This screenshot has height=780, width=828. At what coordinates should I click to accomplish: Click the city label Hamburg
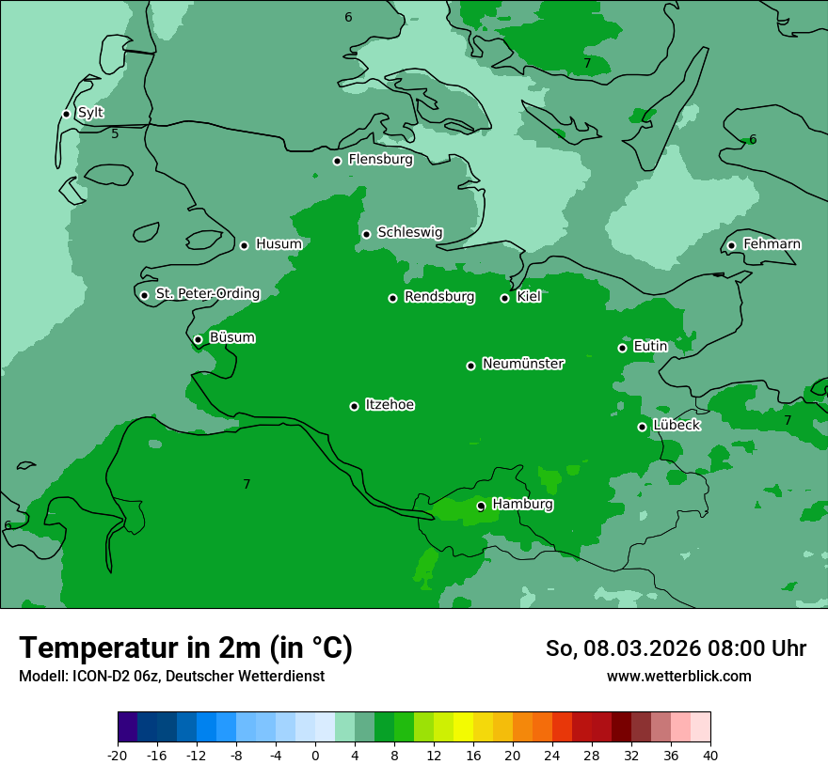(x=522, y=505)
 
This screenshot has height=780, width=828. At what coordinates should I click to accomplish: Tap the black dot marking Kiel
(x=504, y=298)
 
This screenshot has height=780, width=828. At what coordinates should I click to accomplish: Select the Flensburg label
(x=380, y=160)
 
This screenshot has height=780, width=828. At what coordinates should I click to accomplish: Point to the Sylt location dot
(x=66, y=114)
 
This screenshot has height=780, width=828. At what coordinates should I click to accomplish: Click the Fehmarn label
(x=772, y=244)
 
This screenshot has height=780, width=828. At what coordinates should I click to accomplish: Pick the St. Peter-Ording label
(x=207, y=294)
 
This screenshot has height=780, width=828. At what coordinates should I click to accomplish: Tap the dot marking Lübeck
(x=642, y=427)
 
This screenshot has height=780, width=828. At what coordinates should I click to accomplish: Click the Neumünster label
(x=523, y=364)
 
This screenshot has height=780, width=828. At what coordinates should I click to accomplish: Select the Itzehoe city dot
(x=354, y=406)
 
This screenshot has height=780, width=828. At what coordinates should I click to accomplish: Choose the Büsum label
(x=231, y=338)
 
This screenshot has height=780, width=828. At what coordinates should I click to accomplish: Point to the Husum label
(x=279, y=244)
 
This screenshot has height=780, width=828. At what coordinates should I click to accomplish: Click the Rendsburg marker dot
(x=392, y=298)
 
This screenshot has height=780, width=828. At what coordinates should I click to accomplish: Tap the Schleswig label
(x=409, y=232)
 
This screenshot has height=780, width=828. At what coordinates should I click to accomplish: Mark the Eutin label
(x=650, y=347)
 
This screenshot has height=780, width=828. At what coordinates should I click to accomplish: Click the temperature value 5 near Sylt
(x=115, y=134)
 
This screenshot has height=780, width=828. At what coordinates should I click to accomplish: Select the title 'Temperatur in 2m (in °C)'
(x=185, y=648)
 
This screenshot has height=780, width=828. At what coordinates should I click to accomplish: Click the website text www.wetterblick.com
(x=678, y=677)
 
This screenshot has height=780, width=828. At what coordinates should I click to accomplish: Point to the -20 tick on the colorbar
(x=118, y=756)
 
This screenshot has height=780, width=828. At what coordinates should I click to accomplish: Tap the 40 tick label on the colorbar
(x=709, y=756)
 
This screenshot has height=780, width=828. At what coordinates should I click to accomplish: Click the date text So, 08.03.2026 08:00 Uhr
(x=676, y=648)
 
